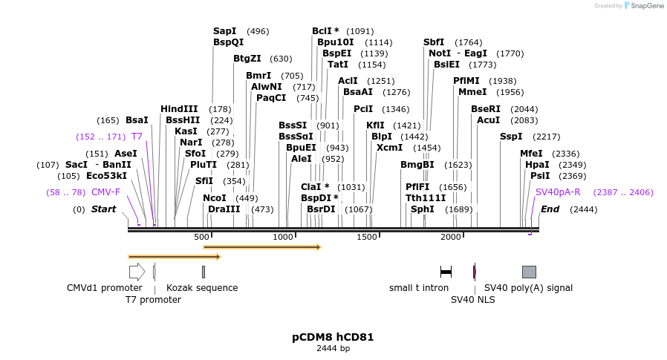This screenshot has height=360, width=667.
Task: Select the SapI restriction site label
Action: [x=224, y=31]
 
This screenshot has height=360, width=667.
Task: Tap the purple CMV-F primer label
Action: [x=105, y=192]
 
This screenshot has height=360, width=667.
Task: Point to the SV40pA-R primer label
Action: [x=558, y=192]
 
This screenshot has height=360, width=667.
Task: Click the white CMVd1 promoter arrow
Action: [x=137, y=272]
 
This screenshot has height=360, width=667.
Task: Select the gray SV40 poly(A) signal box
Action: [x=529, y=272]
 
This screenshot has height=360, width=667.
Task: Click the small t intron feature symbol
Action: [x=446, y=272]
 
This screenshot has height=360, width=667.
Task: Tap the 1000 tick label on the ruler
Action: [x=283, y=237]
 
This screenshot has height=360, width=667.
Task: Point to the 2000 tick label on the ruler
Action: [x=451, y=237]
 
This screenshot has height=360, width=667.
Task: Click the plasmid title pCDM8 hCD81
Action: [x=333, y=337]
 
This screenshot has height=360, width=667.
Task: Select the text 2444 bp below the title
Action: [x=333, y=348]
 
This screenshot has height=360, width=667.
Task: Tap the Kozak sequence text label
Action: [x=202, y=288]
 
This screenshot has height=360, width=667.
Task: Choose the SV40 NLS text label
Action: [x=472, y=300]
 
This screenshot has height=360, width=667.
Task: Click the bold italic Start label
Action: [x=103, y=209]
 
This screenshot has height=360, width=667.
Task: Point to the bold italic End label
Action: [x=550, y=209]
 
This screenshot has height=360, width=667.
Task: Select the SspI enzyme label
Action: [x=511, y=137]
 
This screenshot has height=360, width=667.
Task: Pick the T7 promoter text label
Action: [x=153, y=300]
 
